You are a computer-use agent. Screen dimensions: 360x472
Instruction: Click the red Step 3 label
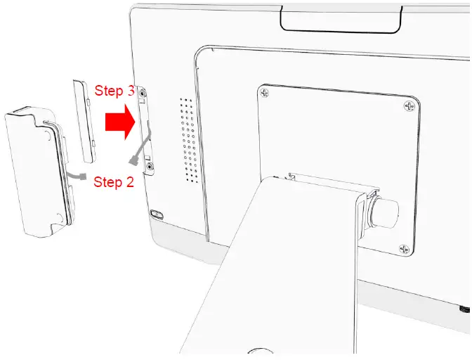tap(115, 91)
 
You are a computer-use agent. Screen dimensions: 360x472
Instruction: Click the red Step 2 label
tap(114, 182)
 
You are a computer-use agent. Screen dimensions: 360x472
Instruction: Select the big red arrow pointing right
tap(119, 123)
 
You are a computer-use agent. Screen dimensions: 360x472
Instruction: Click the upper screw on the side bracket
tap(143, 94)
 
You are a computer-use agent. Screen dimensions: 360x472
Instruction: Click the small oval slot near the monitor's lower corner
tap(155, 213)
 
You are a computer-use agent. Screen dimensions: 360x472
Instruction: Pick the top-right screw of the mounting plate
tap(409, 105)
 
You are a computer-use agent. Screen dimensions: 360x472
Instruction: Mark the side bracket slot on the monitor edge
tap(147, 131)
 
